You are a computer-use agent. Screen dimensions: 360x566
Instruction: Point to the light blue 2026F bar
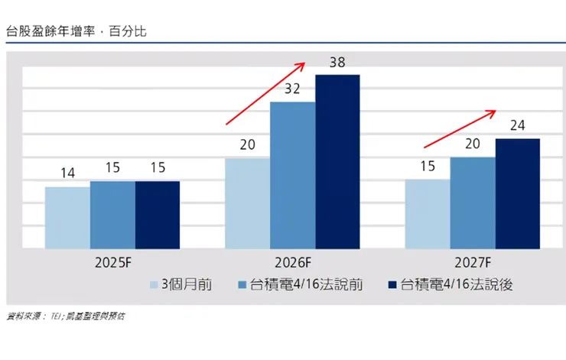(248, 203)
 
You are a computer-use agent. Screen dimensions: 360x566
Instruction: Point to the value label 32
(293, 89)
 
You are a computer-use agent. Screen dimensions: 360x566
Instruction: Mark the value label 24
(518, 126)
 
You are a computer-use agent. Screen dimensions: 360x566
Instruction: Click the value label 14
(67, 174)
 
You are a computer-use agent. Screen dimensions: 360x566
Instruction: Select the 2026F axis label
(293, 261)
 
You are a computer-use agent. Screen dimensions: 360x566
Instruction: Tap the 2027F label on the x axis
(473, 261)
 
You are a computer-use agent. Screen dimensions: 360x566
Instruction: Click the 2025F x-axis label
(112, 261)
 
